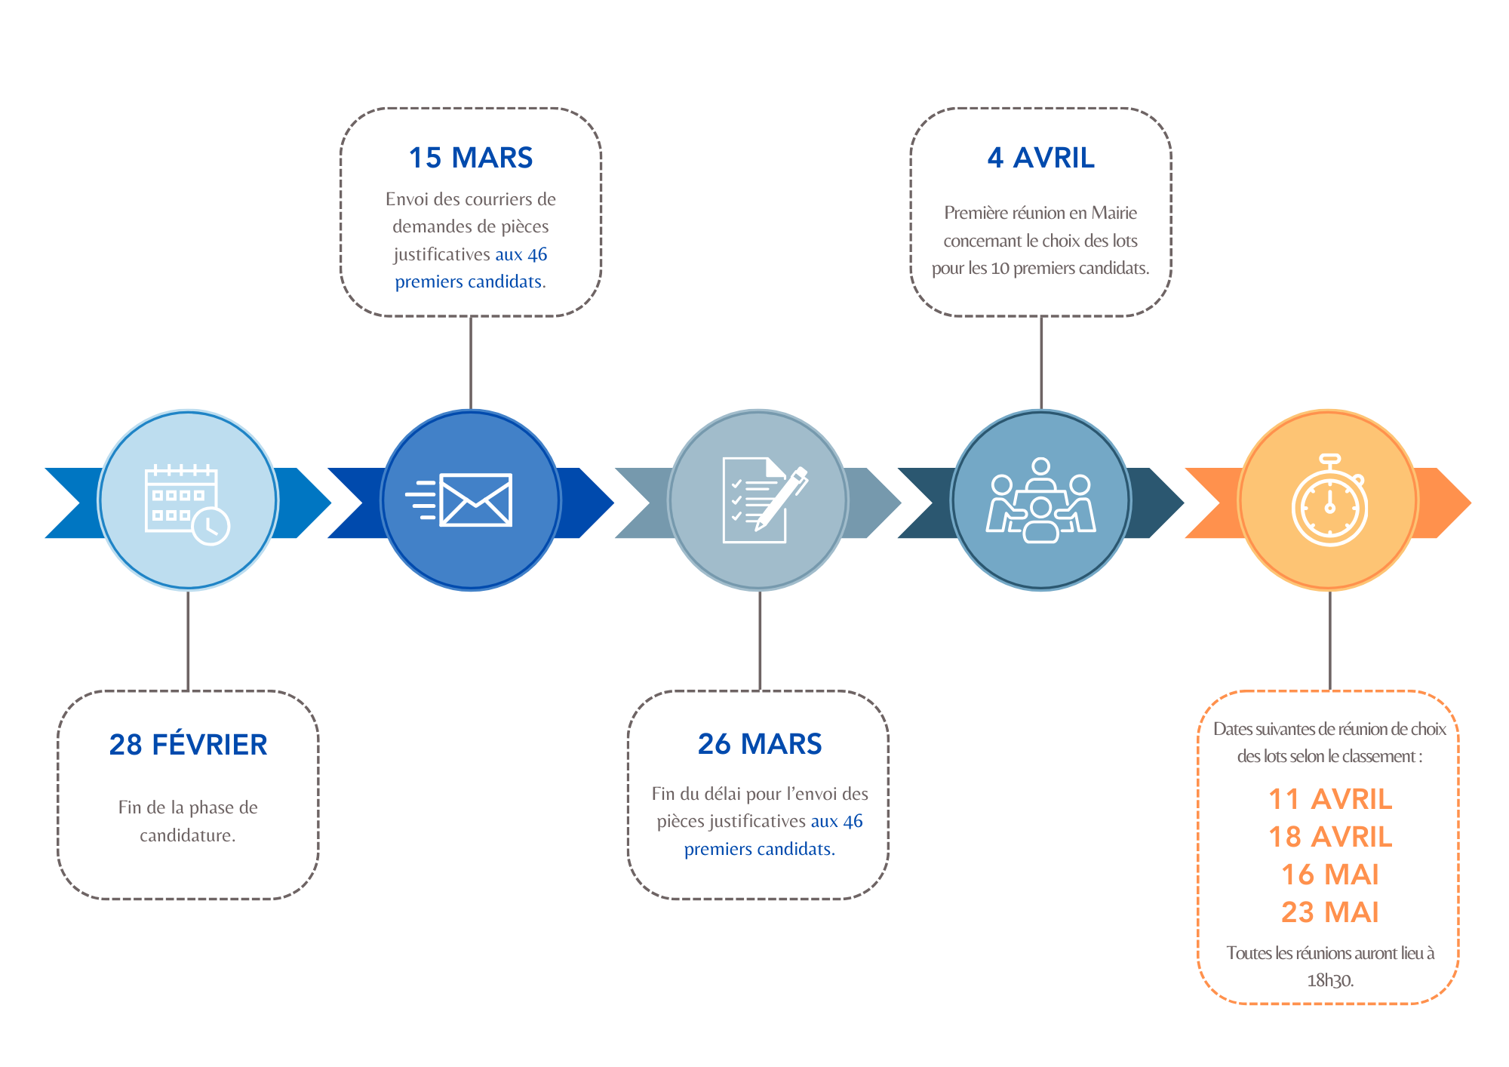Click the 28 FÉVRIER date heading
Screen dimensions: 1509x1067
pos(188,744)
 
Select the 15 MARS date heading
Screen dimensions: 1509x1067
pos(471,158)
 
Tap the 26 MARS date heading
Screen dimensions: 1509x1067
pos(760,744)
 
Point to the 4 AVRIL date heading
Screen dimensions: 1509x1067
pos(1041,158)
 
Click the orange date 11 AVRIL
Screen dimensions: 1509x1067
pos(1330,799)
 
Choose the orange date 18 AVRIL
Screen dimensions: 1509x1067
pos(1330,837)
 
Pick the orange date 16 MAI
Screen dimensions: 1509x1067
pos(1330,875)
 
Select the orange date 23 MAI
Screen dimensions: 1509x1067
pos(1330,912)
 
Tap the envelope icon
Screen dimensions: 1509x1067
pos(459,500)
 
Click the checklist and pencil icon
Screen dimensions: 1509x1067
pos(764,500)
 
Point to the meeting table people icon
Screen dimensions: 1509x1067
pos(1041,500)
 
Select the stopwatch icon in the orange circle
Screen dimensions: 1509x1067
pos(1329,500)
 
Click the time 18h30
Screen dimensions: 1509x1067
pos(1330,980)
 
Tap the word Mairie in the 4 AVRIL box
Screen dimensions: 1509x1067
pos(1114,213)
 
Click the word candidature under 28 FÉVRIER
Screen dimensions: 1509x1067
pos(187,835)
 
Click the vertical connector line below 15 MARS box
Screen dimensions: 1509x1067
pos(471,363)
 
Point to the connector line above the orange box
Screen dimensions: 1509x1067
pos(1329,641)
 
